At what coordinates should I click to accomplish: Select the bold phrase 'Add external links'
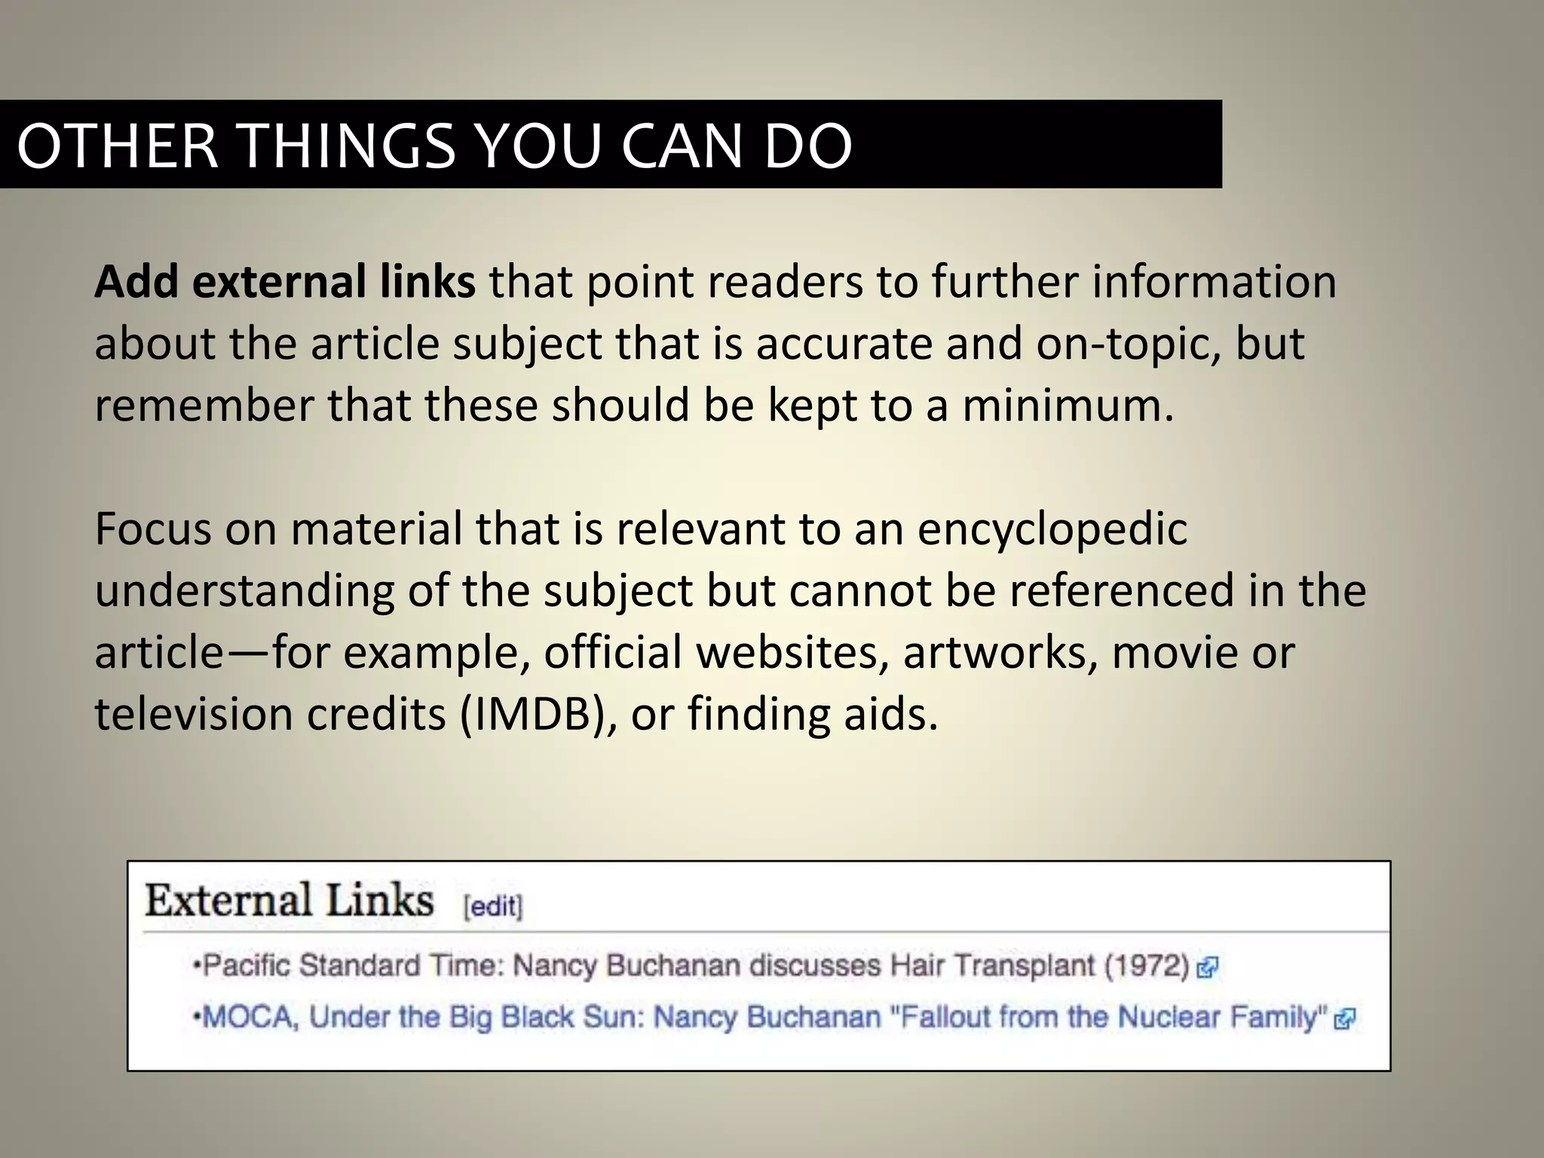[x=285, y=282]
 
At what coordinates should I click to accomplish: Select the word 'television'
[x=194, y=714]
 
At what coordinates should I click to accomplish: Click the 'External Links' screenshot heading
[x=289, y=901]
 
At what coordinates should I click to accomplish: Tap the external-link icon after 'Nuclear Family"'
[x=1344, y=1020]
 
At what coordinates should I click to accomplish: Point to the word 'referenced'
[x=1121, y=590]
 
